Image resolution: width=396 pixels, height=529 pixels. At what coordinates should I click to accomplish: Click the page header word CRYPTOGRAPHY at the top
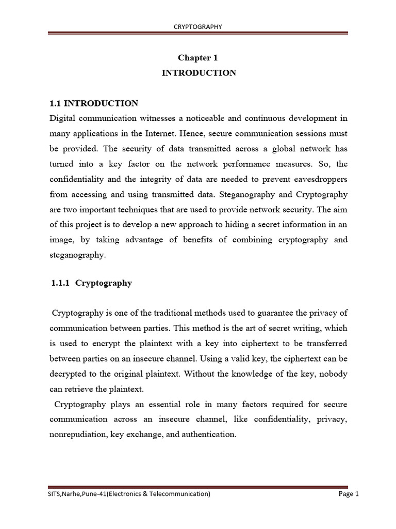coord(198,27)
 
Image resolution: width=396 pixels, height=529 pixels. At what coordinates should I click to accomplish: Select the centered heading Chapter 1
coord(199,58)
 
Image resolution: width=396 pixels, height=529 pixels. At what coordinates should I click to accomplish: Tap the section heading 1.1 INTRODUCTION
coord(94,103)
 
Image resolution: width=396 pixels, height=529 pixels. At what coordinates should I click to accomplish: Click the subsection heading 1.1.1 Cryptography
coord(92,283)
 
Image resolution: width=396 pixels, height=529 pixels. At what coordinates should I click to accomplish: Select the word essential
coord(175,404)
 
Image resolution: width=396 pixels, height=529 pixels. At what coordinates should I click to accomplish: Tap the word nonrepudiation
coord(78,434)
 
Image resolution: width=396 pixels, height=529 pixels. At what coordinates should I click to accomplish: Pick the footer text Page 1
coord(348,494)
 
